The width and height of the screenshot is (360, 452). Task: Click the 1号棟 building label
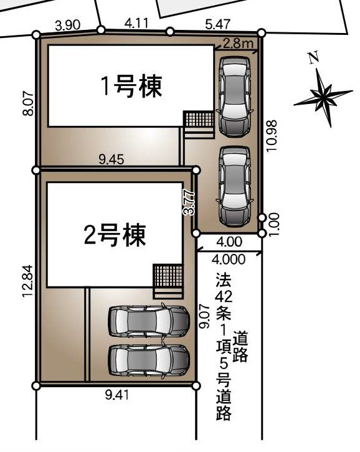click(131, 87)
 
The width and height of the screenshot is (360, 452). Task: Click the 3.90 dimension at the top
click(67, 26)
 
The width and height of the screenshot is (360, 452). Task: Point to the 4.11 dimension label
click(136, 24)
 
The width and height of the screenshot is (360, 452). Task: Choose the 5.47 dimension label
click(218, 24)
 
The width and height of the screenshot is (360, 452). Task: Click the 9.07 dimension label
click(203, 316)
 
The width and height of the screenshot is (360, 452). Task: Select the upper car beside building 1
click(234, 96)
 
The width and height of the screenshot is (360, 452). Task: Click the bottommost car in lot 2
click(149, 360)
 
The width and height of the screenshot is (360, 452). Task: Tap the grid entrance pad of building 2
click(168, 275)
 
